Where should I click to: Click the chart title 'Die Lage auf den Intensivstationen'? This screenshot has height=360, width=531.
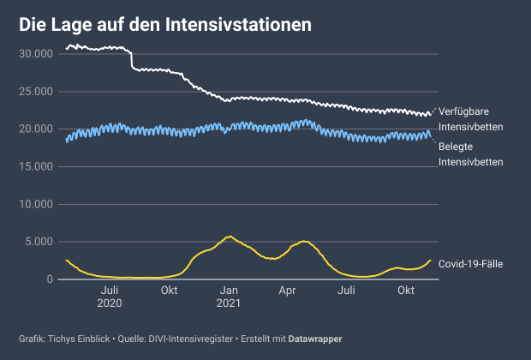[x=165, y=27]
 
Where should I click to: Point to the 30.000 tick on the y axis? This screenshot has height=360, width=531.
[x=35, y=53]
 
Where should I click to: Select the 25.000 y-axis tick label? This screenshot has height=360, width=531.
[x=35, y=91]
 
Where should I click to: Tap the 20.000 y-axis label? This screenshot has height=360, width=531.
[x=35, y=129]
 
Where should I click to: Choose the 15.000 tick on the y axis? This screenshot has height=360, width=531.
[x=35, y=166]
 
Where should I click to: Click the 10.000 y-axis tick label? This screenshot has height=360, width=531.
[x=35, y=204]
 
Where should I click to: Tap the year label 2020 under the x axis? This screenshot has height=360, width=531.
[x=110, y=304]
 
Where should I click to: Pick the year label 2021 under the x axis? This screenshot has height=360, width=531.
[x=228, y=304]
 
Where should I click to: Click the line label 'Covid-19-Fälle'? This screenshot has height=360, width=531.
[x=470, y=263]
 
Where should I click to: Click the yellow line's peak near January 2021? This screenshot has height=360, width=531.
[x=229, y=237]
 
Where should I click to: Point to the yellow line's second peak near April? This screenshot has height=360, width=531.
[x=303, y=242]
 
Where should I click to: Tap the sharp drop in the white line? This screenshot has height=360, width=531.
[x=131, y=60]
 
